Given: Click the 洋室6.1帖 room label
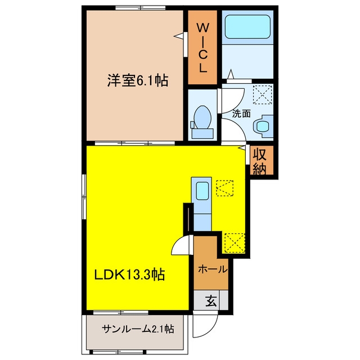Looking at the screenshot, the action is tap(138, 80).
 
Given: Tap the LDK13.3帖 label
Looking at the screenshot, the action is tap(129, 274).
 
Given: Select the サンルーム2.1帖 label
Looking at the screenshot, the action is tap(138, 329).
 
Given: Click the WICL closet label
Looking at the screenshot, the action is tap(202, 48).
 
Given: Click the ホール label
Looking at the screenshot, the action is tap(213, 269).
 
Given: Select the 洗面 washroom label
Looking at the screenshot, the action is tap(241, 114).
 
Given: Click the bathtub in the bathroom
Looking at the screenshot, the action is tap(247, 27).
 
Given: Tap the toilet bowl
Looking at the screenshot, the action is tap(202, 117).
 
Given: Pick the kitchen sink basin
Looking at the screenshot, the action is tap(202, 191).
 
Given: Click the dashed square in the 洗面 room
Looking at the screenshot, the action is tap(263, 94).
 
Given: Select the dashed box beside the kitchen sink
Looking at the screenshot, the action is tap(224, 188).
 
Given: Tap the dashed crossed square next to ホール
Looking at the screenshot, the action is tap(235, 243).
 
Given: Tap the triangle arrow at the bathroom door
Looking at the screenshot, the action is tap(231, 74).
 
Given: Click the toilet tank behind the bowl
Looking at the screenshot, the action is tap(202, 134).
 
